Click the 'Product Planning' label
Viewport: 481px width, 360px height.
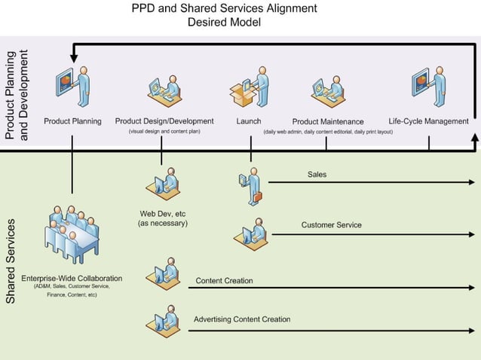click(x=72, y=121)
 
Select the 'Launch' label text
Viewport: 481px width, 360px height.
click(x=249, y=121)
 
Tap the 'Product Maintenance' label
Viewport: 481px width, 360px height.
click(x=328, y=122)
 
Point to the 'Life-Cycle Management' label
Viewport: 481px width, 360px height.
click(x=428, y=121)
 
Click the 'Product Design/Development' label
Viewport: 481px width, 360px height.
click(x=164, y=121)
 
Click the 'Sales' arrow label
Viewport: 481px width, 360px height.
click(x=317, y=175)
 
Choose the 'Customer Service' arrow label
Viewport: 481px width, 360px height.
click(x=331, y=225)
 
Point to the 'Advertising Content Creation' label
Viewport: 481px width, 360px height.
click(x=242, y=319)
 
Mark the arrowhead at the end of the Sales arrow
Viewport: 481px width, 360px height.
click(x=473, y=182)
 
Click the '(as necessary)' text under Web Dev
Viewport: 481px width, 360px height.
click(x=163, y=224)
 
